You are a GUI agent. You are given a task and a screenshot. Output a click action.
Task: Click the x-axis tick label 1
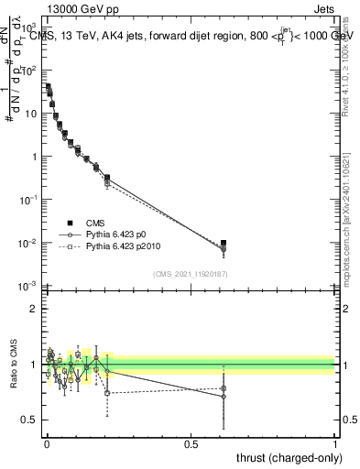coord(336,443)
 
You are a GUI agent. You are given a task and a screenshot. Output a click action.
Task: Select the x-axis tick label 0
coord(46,443)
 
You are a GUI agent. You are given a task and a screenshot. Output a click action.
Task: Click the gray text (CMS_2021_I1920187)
coord(191,274)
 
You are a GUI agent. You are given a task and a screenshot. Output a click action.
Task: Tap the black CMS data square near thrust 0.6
coord(224,243)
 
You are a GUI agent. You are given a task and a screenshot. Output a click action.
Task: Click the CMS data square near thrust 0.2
coord(107,178)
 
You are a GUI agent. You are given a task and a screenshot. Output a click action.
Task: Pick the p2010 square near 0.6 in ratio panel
coord(224,388)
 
